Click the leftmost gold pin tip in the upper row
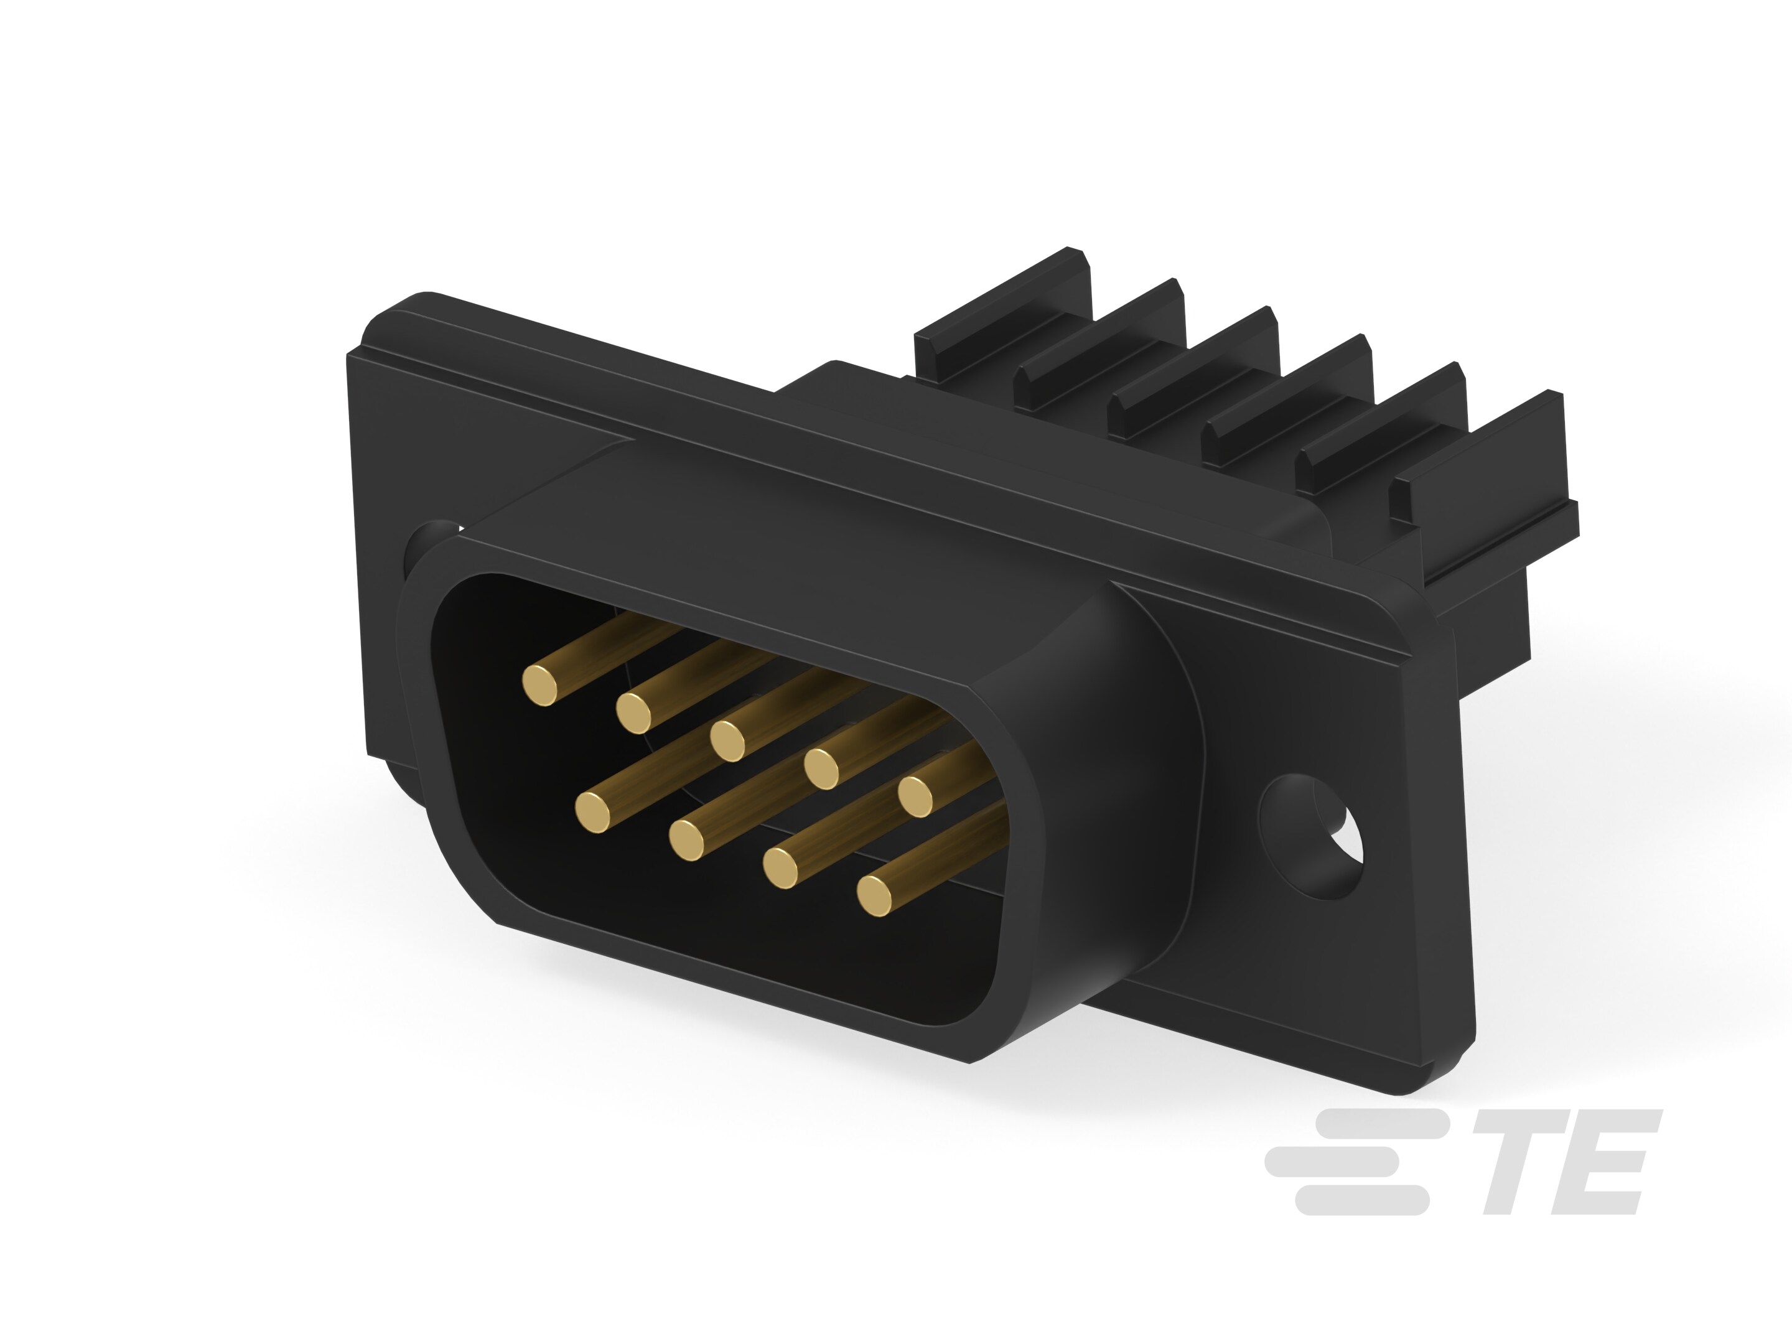pos(540,685)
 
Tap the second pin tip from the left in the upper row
pos(634,712)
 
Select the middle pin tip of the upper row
pos(728,740)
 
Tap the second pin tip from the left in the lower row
pos(687,839)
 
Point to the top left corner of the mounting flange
pos(381,324)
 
